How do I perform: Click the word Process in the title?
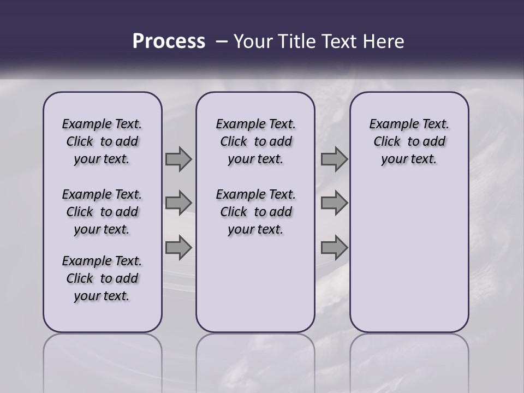169,41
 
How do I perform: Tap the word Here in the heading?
382,41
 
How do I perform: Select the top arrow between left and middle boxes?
178,159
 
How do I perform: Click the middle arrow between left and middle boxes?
178,203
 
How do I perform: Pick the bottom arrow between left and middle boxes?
178,248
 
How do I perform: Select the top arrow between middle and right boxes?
334,159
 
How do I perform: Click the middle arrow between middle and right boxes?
334,203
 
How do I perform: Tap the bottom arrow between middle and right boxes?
334,248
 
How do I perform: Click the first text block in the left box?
102,141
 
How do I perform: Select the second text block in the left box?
102,212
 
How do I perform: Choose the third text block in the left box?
102,278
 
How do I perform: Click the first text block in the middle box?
255,141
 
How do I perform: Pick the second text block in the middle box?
255,212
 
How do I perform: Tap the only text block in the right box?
409,141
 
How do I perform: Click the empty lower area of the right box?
409,257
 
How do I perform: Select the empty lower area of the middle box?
255,284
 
